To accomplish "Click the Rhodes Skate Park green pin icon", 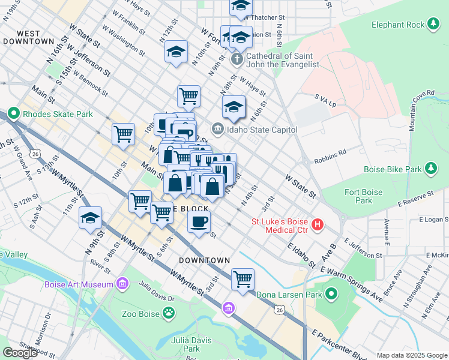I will click(x=13, y=113).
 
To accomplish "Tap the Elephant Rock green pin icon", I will click(x=433, y=25).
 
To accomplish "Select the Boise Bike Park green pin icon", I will click(x=430, y=169).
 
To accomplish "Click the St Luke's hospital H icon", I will click(x=318, y=226).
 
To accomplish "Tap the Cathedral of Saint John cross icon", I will click(x=237, y=59).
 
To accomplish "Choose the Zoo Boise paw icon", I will click(x=170, y=313).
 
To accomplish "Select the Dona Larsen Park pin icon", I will click(x=330, y=294).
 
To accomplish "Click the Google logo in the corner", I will click(x=20, y=353).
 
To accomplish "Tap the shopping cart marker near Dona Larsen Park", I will click(x=243, y=279).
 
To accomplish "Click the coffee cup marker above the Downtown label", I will click(x=199, y=221).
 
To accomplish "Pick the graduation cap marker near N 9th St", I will click(x=90, y=218).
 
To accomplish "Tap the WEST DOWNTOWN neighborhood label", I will click(x=28, y=37).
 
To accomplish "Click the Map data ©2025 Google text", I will click(x=411, y=355).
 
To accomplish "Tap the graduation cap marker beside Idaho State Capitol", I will click(x=234, y=108).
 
